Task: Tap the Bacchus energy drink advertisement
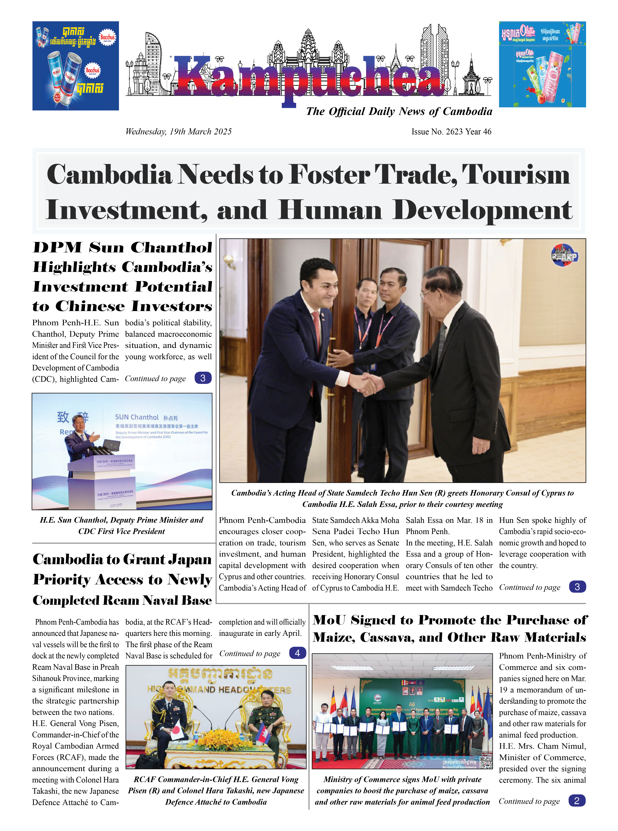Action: pos(76,66)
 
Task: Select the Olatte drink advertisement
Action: pos(542,64)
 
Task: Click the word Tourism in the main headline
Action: pos(516,175)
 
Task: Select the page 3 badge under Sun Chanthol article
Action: pos(203,378)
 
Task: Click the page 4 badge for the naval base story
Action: pos(297,653)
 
